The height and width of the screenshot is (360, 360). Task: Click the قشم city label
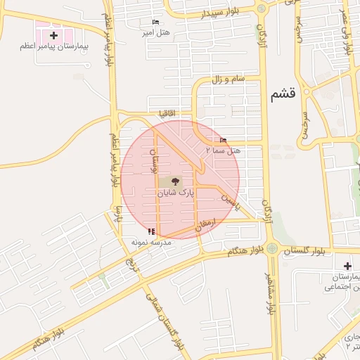coord(283,94)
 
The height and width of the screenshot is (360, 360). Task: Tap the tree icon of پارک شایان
coord(175,181)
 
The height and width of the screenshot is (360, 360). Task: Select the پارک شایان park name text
coord(175,191)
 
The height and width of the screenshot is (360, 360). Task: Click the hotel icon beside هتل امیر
coord(155,22)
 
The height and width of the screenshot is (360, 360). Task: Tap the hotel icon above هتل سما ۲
coord(224,140)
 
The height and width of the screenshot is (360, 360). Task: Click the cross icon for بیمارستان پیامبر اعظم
coord(53,34)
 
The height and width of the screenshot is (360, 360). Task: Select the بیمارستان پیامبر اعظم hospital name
coord(53,46)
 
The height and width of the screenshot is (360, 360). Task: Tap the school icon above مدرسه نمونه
coord(150,231)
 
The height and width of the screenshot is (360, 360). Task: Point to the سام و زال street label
coord(229,79)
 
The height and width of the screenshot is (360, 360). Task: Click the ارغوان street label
coord(211,224)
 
